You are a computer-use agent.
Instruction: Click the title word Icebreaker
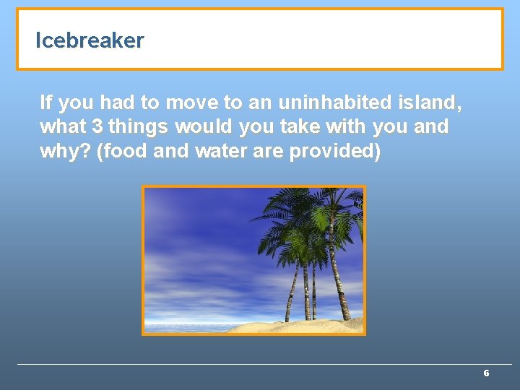click(x=90, y=40)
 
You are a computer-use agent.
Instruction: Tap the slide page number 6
click(x=486, y=373)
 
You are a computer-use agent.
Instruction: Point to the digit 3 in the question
click(x=97, y=127)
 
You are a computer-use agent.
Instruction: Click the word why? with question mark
click(x=65, y=152)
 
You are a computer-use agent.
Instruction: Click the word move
click(x=190, y=103)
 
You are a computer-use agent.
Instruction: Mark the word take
click(x=298, y=127)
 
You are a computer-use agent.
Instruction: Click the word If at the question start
click(x=45, y=103)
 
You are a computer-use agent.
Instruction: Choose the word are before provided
click(x=266, y=152)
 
